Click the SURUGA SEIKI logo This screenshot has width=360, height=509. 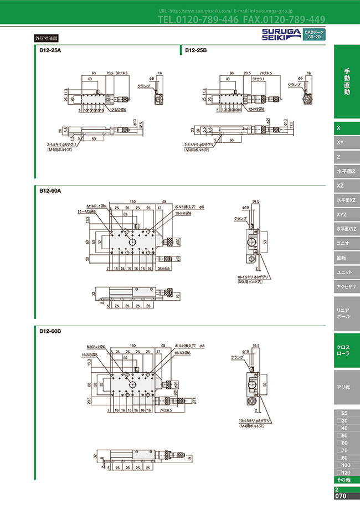pyautogui.click(x=280, y=34)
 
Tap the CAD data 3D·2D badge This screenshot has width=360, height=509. pyautogui.click(x=313, y=35)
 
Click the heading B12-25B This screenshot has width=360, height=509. pyautogui.click(x=196, y=50)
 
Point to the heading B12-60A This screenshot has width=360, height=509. pyautogui.click(x=50, y=191)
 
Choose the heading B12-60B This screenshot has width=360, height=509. pyautogui.click(x=50, y=331)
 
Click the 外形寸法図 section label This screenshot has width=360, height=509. pyautogui.click(x=46, y=39)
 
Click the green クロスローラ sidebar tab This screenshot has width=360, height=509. pyautogui.click(x=346, y=350)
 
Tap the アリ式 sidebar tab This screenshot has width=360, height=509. pyautogui.click(x=346, y=388)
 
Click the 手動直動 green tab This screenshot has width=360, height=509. pyautogui.click(x=347, y=82)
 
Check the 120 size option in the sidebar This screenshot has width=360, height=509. pyautogui.click(x=343, y=471)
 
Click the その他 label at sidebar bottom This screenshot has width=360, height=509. pyautogui.click(x=343, y=479)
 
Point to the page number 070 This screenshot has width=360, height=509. pyautogui.click(x=341, y=496)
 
